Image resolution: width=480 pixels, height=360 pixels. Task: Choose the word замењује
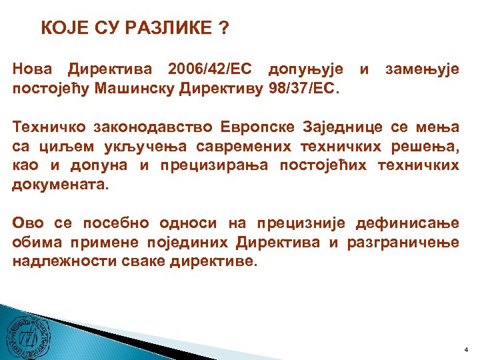pyautogui.click(x=422, y=69)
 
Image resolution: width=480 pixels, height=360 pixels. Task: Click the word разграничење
pyautogui.click(x=403, y=243)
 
